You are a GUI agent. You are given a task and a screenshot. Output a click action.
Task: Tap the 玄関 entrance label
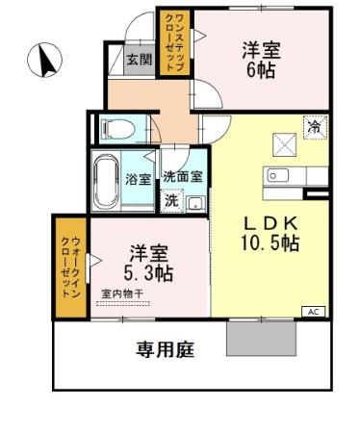pos(139,60)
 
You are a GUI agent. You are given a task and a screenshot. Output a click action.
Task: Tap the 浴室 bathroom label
pos(138,179)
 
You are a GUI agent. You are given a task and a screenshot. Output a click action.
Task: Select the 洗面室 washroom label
pos(182,177)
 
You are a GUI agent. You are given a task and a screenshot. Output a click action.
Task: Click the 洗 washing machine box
pos(171,201)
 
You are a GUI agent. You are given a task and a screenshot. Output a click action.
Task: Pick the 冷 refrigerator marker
pos(313,126)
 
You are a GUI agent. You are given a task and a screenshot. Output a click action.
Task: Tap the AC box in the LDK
pos(314,311)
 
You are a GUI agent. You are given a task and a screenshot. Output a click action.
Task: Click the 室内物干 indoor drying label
pos(121,295)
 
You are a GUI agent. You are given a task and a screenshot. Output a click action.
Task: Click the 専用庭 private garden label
pos(164,349)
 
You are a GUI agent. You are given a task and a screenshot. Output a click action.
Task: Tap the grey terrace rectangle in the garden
pos(260,338)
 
